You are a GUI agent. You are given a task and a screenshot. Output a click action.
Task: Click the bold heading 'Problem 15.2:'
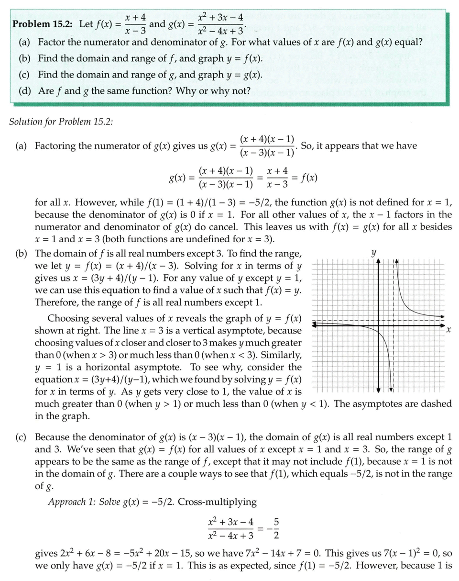pos(42,23)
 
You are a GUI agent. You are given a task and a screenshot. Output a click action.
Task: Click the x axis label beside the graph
pos(448,330)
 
